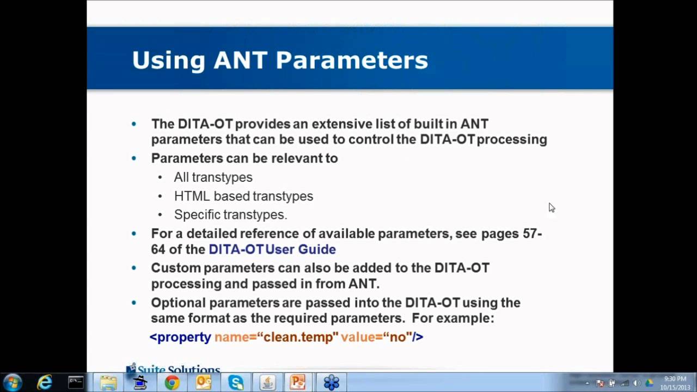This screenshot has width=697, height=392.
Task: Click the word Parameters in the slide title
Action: [x=352, y=60]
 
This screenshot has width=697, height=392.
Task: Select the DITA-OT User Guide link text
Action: [x=272, y=249]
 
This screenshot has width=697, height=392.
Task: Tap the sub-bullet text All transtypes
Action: [x=213, y=177]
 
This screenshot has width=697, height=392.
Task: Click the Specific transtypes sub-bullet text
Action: [x=230, y=215]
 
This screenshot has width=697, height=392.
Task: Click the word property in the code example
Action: [x=184, y=337]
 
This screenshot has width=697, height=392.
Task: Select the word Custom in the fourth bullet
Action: [x=175, y=268]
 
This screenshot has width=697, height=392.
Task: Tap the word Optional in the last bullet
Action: [x=178, y=303]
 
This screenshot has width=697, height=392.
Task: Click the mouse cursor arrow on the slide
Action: [x=551, y=207]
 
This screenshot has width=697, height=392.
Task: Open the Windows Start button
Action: [x=13, y=383]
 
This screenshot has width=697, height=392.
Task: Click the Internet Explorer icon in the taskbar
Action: [x=45, y=383]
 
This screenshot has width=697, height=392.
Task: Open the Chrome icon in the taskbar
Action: [x=172, y=383]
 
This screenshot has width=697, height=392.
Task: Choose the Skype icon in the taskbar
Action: [x=236, y=383]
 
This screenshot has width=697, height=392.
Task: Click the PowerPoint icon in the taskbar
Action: [x=298, y=383]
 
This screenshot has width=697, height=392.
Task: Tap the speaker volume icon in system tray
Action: [x=637, y=383]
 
